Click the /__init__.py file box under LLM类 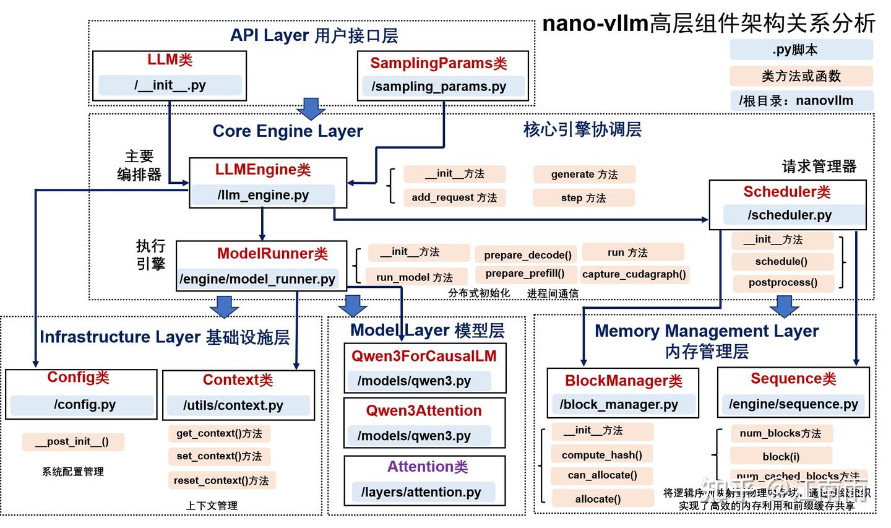(x=170, y=85)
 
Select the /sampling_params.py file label (x=439, y=87)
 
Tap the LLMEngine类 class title (x=263, y=170)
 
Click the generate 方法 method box (x=584, y=175)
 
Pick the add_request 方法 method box (x=454, y=198)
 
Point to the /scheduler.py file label (x=790, y=215)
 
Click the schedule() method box (x=781, y=261)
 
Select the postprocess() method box (x=783, y=282)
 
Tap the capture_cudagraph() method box (x=634, y=274)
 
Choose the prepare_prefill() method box (x=525, y=274)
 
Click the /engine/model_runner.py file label (x=258, y=279)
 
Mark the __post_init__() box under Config (x=72, y=441)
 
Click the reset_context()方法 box (x=221, y=480)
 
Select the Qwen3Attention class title (x=424, y=411)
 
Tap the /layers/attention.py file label (x=421, y=492)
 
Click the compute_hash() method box (x=601, y=455)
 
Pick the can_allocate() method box (x=602, y=475)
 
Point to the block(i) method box (x=781, y=456)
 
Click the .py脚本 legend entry (x=801, y=50)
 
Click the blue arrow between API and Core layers (x=311, y=108)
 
